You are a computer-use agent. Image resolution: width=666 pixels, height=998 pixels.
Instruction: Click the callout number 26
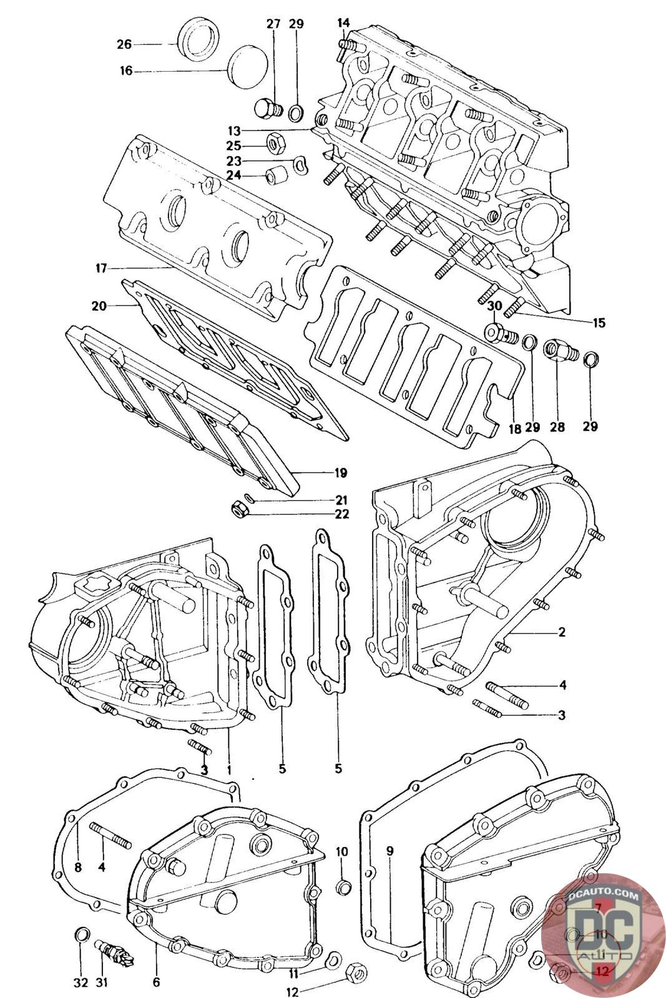(124, 44)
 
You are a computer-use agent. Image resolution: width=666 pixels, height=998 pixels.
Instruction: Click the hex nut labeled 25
(273, 143)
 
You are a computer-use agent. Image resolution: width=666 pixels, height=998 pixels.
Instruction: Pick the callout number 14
(343, 22)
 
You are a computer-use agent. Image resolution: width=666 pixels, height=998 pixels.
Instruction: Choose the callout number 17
(102, 269)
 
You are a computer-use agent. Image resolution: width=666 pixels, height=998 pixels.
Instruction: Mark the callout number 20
(99, 306)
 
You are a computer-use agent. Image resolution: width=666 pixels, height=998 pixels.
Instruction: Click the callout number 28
(557, 427)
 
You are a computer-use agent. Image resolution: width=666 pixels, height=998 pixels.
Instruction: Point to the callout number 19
(341, 473)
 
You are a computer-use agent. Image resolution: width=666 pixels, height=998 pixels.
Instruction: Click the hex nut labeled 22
(240, 508)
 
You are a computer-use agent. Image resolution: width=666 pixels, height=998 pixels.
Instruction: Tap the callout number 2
(561, 632)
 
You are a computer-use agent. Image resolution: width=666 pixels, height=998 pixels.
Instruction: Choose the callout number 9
(390, 851)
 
